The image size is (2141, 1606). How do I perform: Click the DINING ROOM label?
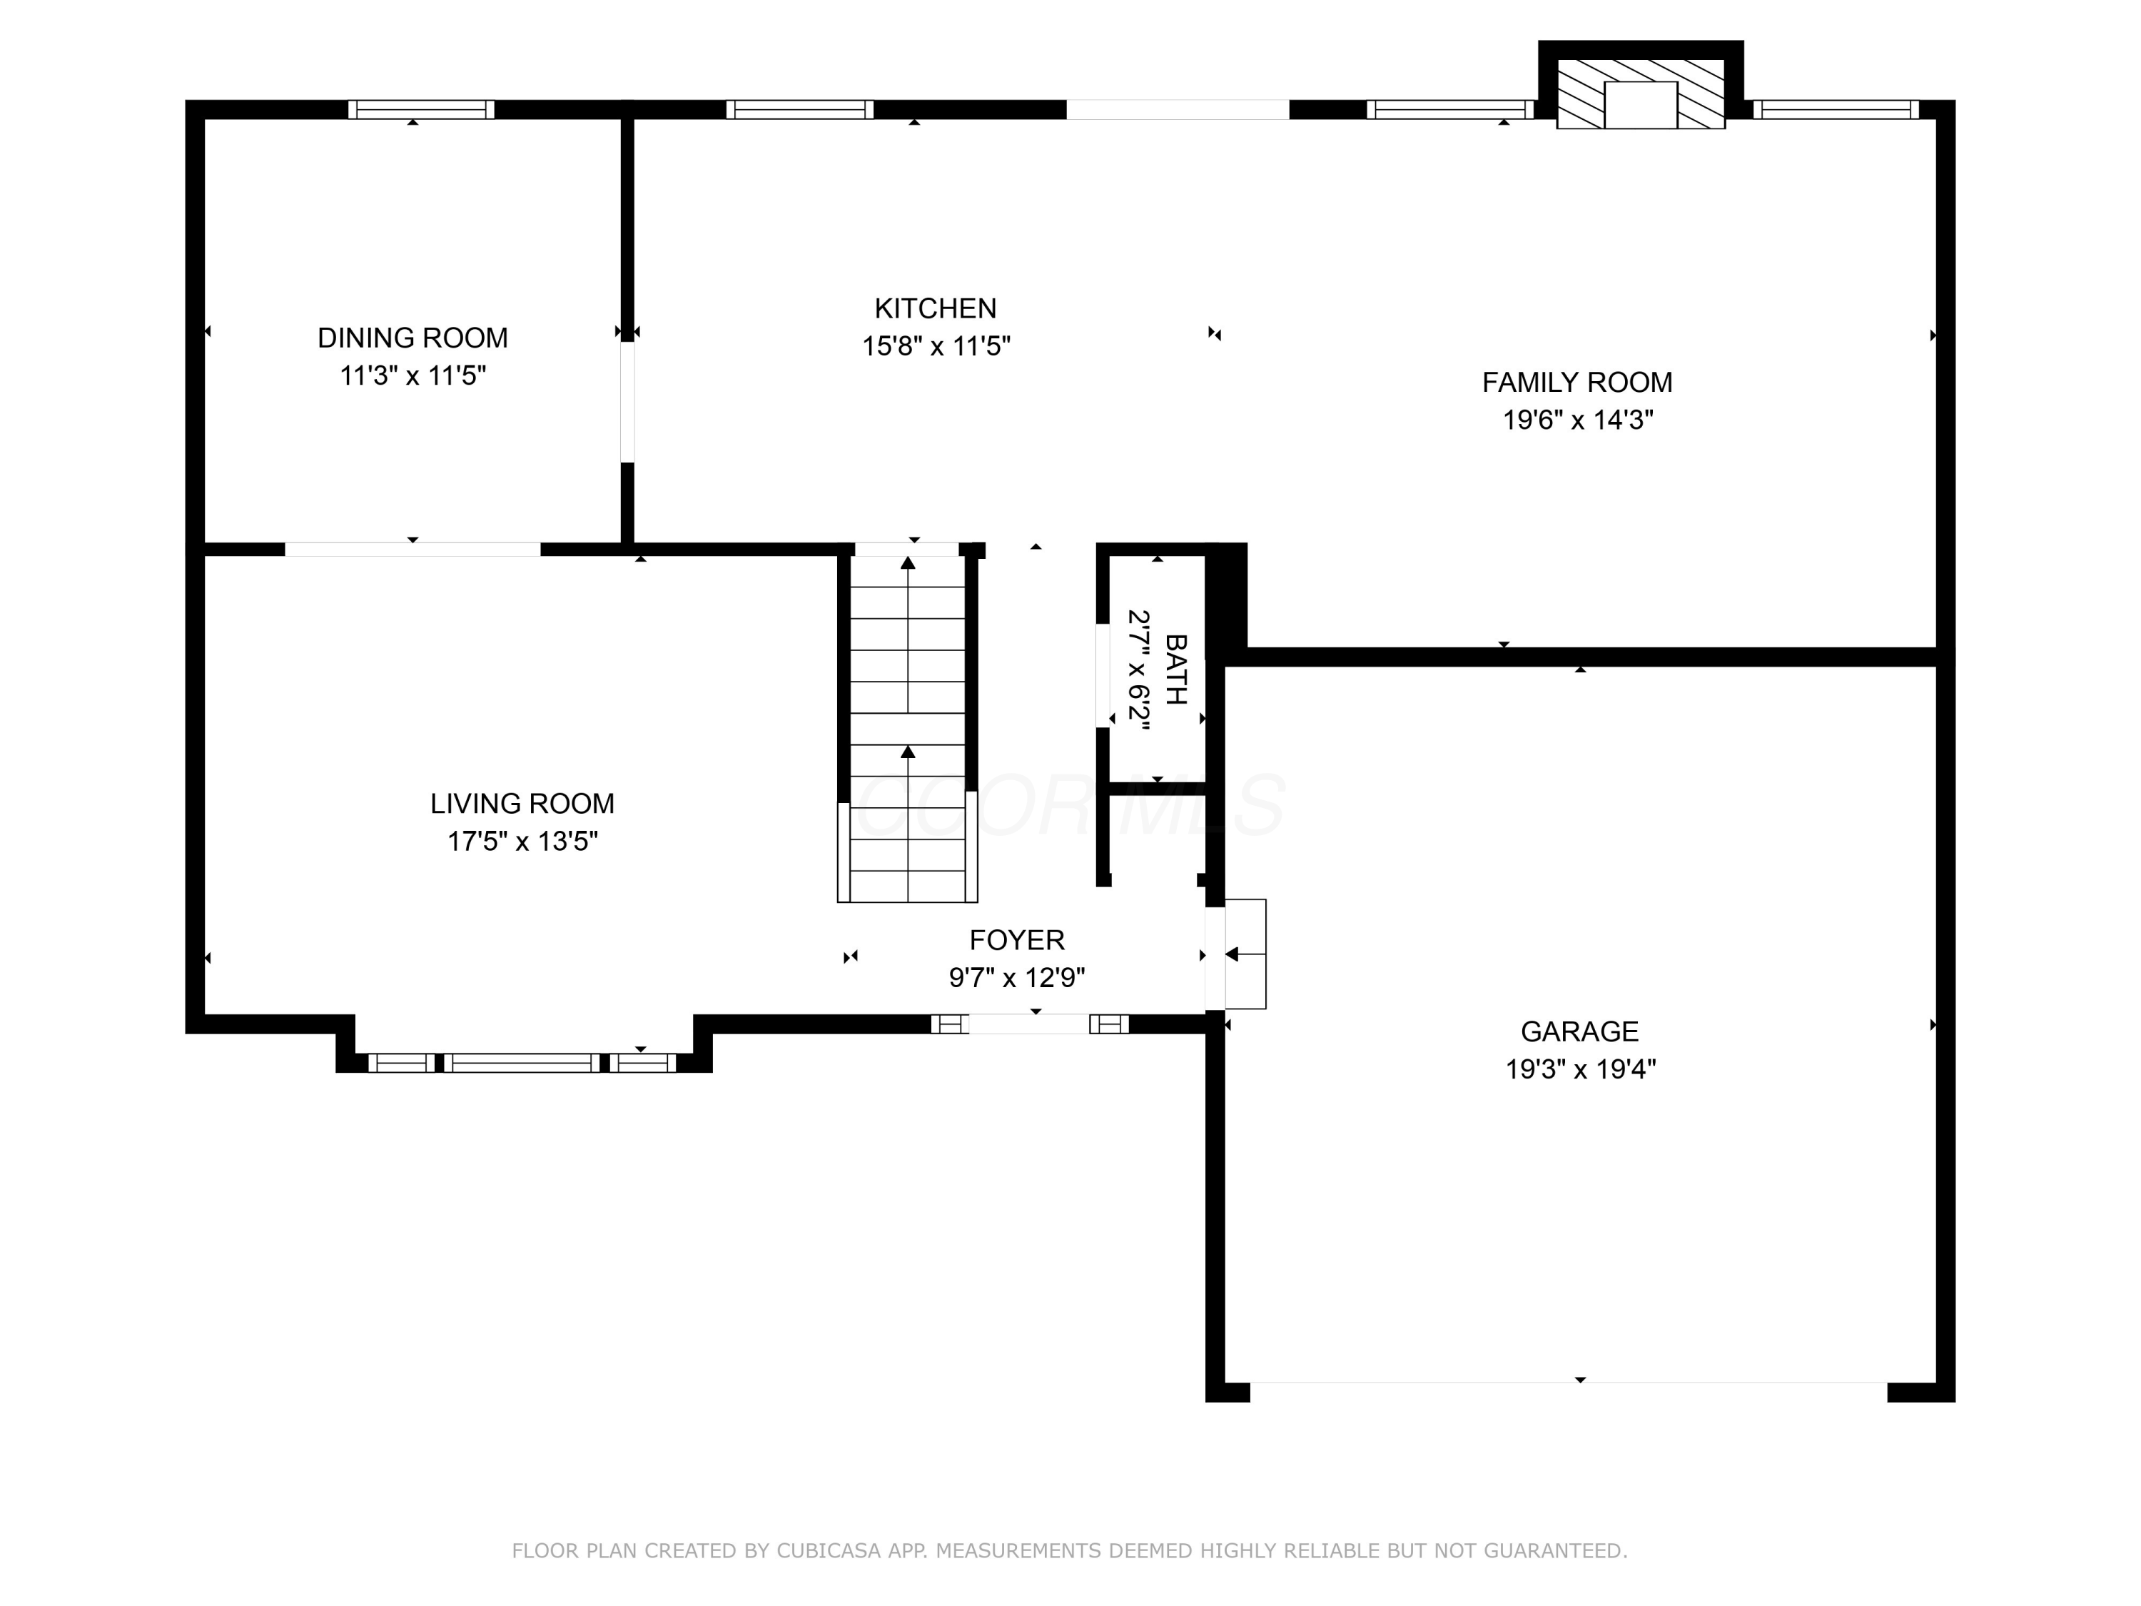point(412,338)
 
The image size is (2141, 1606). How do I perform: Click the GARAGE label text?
point(1579,1031)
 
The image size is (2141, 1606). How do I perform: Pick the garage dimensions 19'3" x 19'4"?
point(1579,1069)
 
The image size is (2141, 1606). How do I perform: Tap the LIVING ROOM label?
point(522,804)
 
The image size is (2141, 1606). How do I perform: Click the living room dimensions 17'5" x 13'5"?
point(522,842)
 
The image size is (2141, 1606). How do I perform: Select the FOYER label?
point(1016,940)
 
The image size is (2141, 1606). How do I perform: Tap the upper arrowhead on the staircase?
point(908,562)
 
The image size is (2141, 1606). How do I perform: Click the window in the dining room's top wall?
point(421,109)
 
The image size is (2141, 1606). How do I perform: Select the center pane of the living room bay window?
point(522,1063)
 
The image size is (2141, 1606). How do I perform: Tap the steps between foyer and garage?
point(1245,954)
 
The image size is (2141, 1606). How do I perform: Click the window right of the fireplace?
point(1834,109)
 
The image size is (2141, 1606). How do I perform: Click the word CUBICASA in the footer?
point(828,1551)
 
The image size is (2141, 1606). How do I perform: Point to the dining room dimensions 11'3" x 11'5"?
point(412,375)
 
